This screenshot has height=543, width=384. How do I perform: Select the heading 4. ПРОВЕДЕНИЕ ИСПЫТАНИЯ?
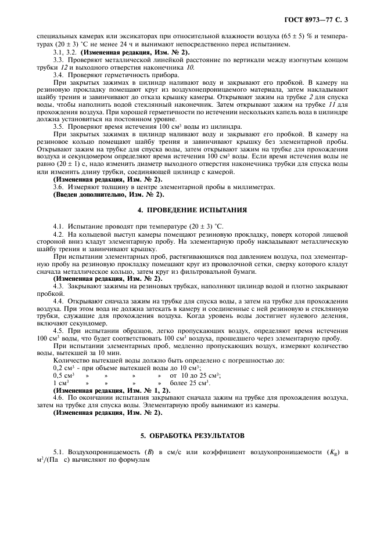click(192, 209)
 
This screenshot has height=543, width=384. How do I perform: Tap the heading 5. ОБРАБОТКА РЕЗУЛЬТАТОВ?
click(192, 435)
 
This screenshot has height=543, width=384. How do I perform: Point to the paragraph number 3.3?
click(58, 60)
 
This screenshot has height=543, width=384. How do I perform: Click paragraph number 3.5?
click(58, 126)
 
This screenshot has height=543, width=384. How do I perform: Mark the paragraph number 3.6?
click(58, 186)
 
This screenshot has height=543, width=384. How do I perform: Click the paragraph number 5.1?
click(58, 451)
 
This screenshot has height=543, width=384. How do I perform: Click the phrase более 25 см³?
click(191, 382)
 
